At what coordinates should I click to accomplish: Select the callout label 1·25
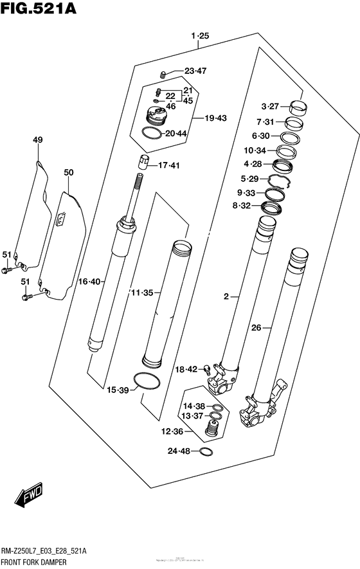pos(200,37)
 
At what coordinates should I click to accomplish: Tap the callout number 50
pos(69,172)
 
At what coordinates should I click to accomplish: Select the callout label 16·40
pos(89,281)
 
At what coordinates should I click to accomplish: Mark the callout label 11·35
pos(141,293)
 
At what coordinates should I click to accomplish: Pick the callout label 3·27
pos(270,107)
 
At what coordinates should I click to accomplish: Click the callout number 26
pos(256,327)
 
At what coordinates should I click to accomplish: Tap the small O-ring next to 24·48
pos(206,451)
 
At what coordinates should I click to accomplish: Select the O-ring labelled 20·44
pos(152,134)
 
